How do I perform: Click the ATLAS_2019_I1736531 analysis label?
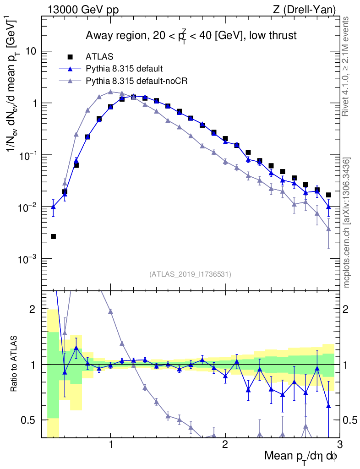pos(190,274)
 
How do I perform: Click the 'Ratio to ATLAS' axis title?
pos(15,365)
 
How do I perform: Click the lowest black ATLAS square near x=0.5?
pos(53,236)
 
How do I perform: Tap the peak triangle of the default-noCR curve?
pos(110,92)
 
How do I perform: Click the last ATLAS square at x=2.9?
pos(328,195)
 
